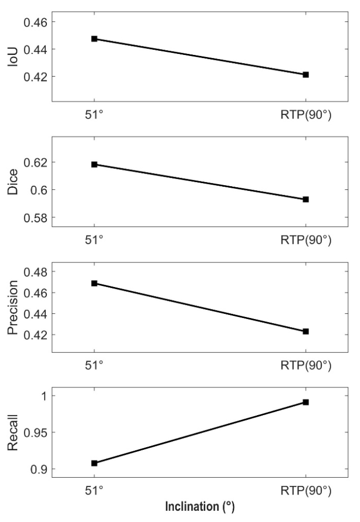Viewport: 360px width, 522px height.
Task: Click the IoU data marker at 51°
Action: (94, 39)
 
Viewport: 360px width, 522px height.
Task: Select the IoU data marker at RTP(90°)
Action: (306, 75)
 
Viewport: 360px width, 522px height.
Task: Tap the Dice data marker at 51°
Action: (94, 164)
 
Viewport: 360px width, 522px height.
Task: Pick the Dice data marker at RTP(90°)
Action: (306, 199)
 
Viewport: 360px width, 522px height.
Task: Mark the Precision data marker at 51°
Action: (94, 283)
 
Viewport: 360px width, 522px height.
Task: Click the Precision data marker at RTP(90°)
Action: (306, 332)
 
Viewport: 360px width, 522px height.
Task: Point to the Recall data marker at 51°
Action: (94, 463)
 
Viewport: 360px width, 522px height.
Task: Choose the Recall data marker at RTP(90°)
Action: (306, 402)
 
